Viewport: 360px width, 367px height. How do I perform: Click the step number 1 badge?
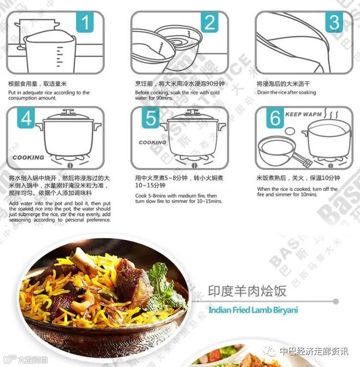(85, 22)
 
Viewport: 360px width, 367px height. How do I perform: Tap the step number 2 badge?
(209, 22)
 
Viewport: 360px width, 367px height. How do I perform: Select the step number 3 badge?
(334, 22)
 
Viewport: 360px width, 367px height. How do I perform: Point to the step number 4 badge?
(26, 118)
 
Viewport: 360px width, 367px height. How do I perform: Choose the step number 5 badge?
(151, 118)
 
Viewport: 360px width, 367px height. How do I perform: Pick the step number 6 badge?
(275, 118)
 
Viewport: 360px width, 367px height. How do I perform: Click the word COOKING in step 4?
(28, 157)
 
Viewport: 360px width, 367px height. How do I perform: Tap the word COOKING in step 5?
(152, 142)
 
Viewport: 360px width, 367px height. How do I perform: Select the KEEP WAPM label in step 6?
(303, 114)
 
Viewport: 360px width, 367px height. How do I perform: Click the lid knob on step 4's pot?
(68, 111)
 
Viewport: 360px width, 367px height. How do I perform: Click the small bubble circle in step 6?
(289, 131)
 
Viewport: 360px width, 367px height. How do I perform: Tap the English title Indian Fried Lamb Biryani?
(253, 310)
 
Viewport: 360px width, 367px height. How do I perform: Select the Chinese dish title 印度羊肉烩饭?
(247, 291)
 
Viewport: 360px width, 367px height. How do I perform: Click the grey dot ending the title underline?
(336, 301)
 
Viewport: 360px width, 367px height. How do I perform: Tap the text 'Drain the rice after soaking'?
(287, 93)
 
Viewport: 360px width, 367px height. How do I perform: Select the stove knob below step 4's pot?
(70, 166)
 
